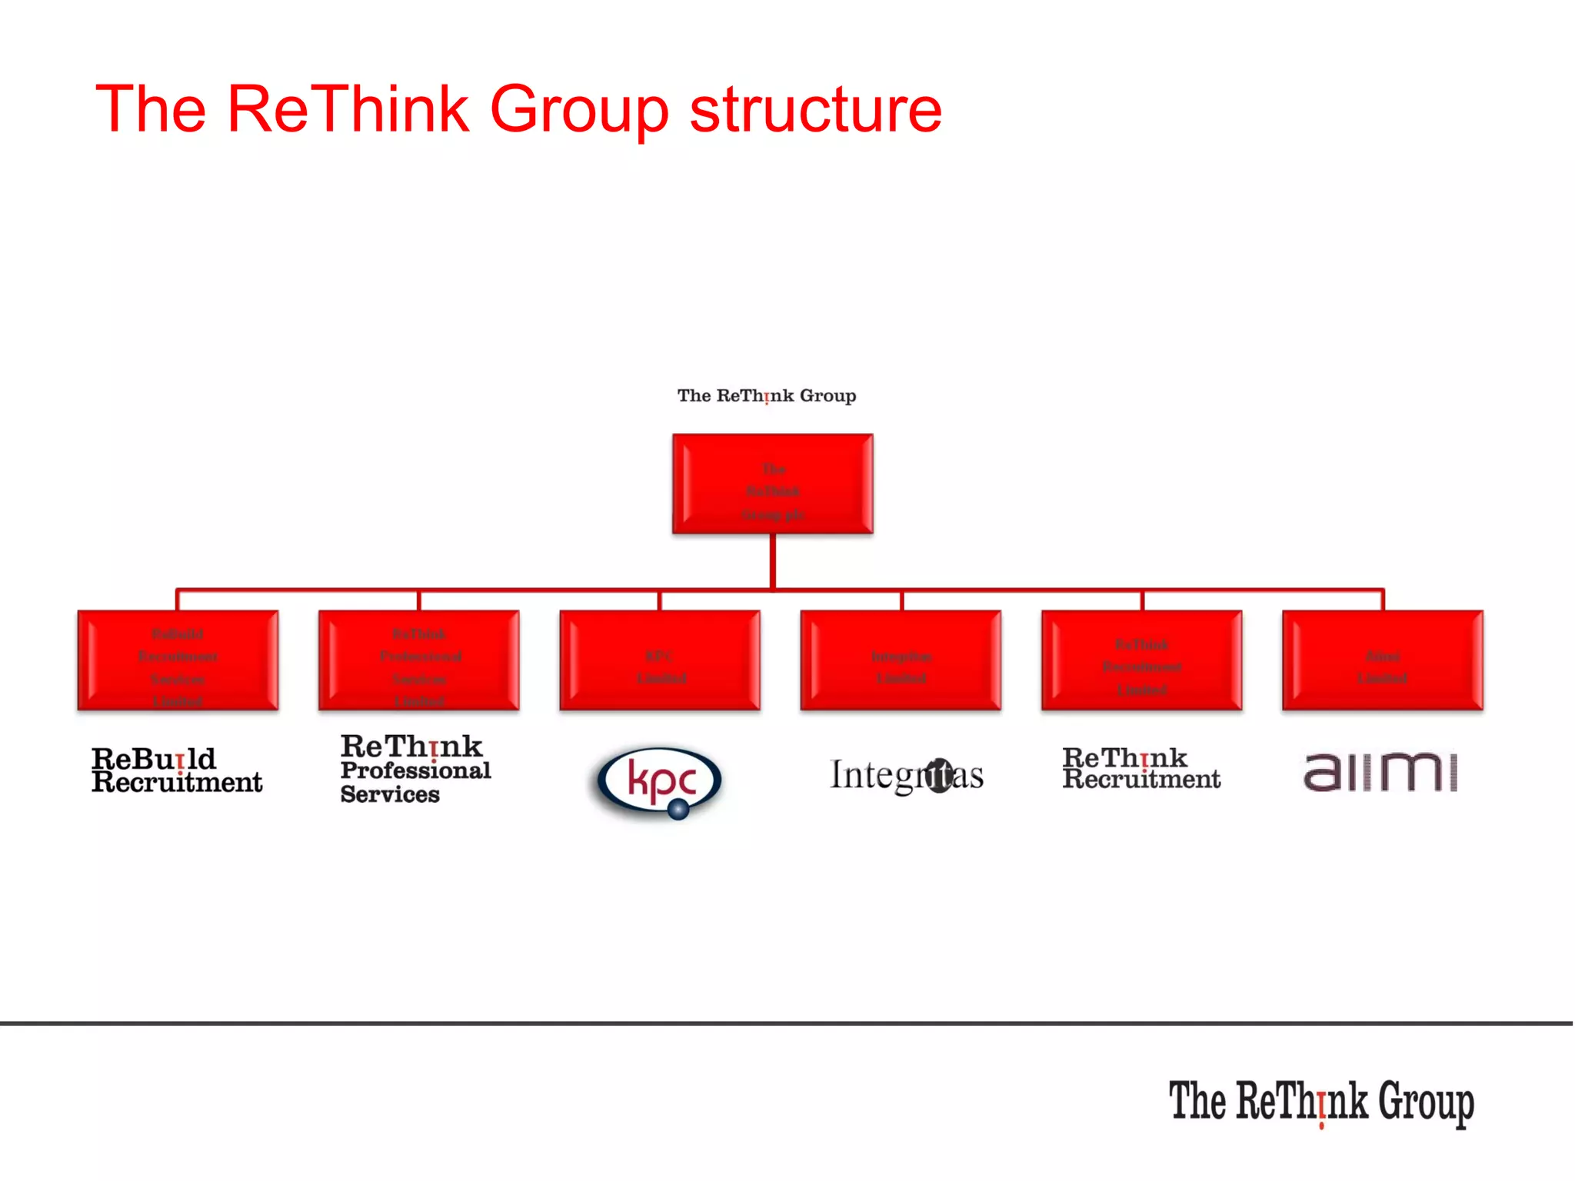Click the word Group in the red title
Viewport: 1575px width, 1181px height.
[579, 110]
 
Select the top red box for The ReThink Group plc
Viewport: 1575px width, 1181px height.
[772, 484]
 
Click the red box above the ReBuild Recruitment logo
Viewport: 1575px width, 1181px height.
[178, 660]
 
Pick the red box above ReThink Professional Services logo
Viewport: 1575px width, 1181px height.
[418, 660]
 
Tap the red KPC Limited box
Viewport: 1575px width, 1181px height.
[660, 660]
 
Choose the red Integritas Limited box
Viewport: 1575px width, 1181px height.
[901, 660]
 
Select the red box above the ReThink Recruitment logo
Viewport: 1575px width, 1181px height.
[1141, 660]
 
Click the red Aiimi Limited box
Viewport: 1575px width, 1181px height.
[1382, 660]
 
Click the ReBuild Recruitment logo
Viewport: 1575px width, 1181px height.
[177, 770]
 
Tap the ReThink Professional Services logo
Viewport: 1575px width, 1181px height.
[415, 769]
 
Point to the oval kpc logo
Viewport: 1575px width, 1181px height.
[660, 780]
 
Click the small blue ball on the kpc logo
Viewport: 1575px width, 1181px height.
[678, 808]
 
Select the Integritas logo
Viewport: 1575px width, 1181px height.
[906, 775]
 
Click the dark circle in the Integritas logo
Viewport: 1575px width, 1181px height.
[937, 774]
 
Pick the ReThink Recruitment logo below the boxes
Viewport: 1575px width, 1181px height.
[1141, 768]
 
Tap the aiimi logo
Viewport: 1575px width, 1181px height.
[1380, 771]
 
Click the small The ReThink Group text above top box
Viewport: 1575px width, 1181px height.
[766, 396]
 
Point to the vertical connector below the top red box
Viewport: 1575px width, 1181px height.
[772, 561]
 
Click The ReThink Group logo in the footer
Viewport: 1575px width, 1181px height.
[1321, 1102]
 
